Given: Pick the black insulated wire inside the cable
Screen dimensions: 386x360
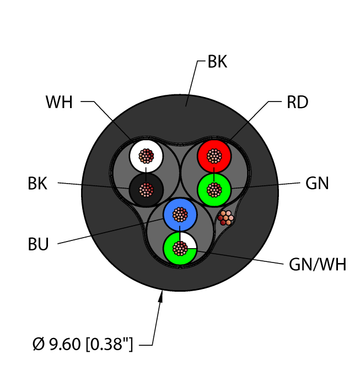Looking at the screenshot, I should click(136, 190).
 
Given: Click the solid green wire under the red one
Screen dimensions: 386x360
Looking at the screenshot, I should click(204, 190).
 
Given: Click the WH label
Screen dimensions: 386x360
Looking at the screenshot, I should click(59, 103).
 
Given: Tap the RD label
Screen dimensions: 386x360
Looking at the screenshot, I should click(297, 103).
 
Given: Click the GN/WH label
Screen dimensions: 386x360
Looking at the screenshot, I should click(318, 265).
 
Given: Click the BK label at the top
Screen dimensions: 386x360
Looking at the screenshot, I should click(217, 62).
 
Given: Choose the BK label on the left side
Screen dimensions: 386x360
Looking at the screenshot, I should click(37, 184).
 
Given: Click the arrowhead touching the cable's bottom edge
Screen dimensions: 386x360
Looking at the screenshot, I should click(162, 298).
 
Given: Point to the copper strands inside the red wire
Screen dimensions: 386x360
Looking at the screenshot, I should click(213, 156).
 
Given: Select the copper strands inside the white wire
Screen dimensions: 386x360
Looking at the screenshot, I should click(146, 156).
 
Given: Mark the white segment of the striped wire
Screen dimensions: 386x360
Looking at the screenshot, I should click(189, 241).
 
